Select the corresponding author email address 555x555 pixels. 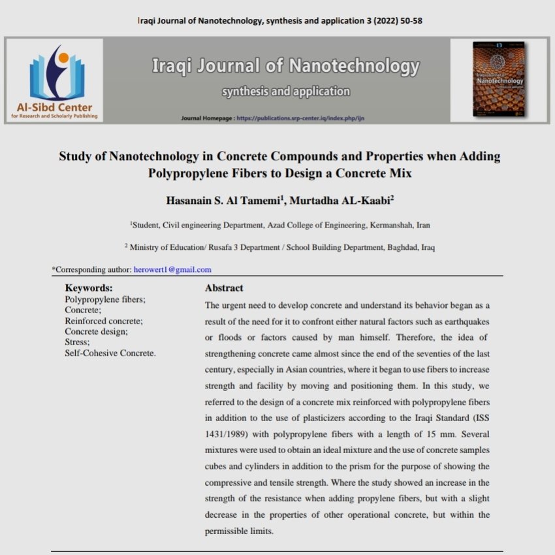pos(172,269)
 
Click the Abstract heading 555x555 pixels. pos(224,288)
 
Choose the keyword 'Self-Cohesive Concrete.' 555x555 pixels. pos(110,353)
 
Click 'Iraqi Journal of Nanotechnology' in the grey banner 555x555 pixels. pos(285,67)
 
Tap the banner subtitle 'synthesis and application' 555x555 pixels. pos(285,92)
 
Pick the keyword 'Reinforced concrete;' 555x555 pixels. pos(104,321)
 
